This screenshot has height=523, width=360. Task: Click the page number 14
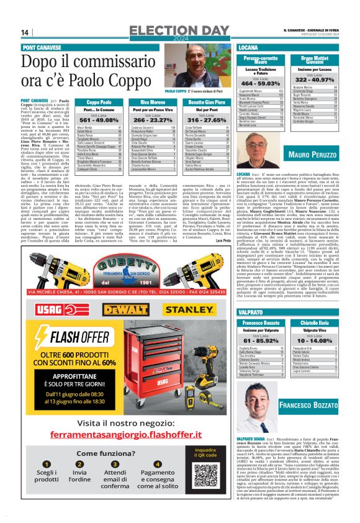coord(25,33)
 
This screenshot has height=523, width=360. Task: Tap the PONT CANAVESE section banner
coord(41,47)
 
